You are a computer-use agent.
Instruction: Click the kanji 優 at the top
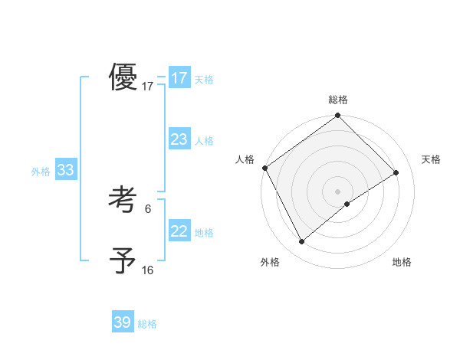123,78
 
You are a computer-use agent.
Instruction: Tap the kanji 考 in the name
123,201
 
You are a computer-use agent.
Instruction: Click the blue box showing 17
179,78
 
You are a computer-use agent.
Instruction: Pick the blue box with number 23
179,139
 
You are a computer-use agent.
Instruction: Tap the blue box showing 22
179,231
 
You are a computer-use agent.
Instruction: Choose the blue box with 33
65,170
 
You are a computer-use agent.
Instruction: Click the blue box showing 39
123,322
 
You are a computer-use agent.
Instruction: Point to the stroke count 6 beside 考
148,208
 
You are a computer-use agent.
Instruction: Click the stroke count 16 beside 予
148,270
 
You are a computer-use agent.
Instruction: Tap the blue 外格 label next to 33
41,172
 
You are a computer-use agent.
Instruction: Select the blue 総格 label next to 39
147,324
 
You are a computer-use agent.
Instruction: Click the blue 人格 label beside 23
204,141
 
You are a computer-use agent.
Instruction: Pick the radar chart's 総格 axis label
338,100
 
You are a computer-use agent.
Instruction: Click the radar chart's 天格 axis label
432,159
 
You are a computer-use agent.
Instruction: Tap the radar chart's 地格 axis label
402,262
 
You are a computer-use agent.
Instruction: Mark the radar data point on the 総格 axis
338,116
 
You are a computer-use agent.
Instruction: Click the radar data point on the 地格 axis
347,204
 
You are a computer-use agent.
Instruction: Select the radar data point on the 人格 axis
264,168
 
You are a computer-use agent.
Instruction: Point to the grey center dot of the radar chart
338,191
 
